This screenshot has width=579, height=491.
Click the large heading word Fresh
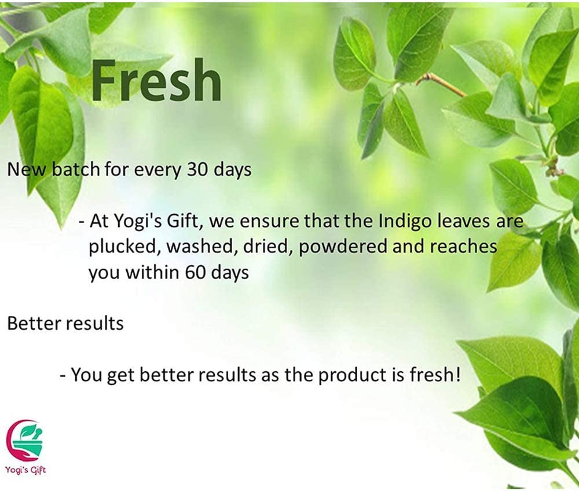pos(156,80)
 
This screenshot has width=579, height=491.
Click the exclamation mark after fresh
pos(458,375)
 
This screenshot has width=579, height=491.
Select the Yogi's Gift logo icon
pos(24,439)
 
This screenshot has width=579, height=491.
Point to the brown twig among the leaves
pos(442,85)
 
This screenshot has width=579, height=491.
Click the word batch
pos(75,169)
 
